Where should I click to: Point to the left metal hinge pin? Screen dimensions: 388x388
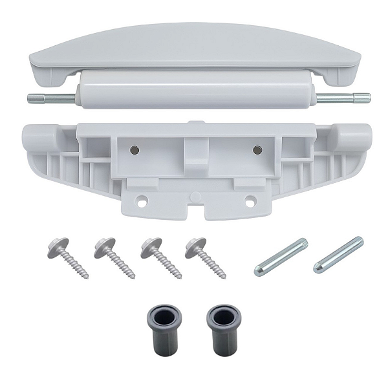(x=281, y=257)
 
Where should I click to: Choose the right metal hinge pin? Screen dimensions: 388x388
(x=338, y=254)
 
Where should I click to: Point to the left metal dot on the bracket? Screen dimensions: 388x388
(x=135, y=149)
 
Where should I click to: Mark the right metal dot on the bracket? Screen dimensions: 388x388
(x=257, y=149)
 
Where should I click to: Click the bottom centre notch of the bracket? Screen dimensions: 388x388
(x=195, y=210)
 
